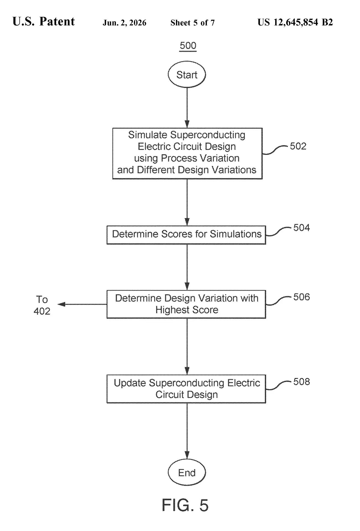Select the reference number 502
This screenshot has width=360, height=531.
point(298,146)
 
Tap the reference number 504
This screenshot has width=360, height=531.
point(302,228)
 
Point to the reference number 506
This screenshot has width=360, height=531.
point(302,297)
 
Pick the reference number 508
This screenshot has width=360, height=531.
point(302,382)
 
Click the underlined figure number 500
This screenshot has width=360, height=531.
point(188,46)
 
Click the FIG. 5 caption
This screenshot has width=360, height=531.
point(185,505)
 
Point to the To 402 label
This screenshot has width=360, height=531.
point(42,305)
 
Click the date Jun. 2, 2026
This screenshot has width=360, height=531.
point(124,23)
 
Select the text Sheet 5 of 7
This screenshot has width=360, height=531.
point(192,23)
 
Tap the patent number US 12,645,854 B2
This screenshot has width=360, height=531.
point(295,22)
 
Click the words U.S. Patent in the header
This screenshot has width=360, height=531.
point(44,22)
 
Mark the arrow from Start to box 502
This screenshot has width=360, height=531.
point(187,108)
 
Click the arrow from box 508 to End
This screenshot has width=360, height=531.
point(187,431)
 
